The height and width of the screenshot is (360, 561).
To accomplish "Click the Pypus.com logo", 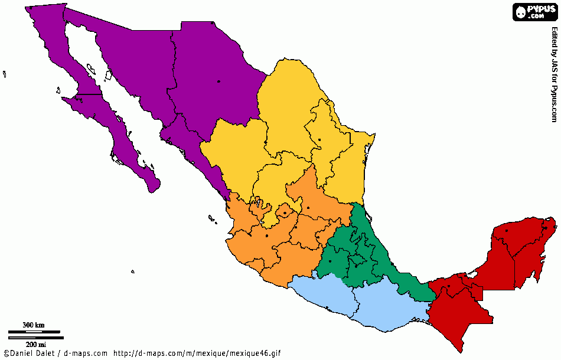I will coord(534,12).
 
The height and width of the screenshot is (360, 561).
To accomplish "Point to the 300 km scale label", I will coord(34,325).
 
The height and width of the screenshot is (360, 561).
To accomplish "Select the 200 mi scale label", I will coord(35,343).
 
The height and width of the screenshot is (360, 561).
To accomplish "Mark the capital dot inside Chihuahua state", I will coord(218,81).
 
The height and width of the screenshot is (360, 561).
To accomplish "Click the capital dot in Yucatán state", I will coord(507,230).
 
